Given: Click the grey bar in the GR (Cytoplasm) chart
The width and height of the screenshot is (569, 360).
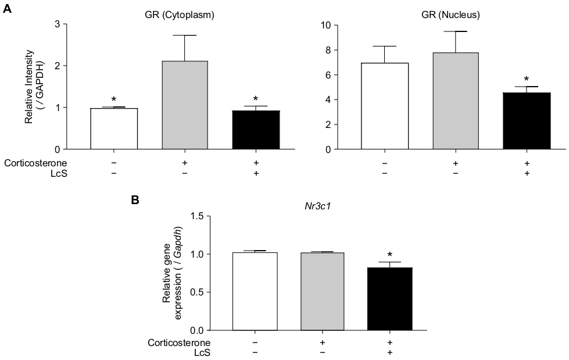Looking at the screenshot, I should tap(185, 105).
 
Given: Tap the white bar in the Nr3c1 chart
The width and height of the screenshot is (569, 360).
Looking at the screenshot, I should tap(254, 291).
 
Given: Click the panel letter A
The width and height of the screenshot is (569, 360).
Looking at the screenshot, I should tap(7, 10).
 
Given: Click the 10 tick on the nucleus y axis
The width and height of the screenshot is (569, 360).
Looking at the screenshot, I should tap(327, 26).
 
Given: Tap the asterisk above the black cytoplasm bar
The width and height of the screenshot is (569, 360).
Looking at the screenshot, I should tap(255, 99).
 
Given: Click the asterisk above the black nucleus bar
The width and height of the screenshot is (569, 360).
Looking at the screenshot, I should tap(527, 80).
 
